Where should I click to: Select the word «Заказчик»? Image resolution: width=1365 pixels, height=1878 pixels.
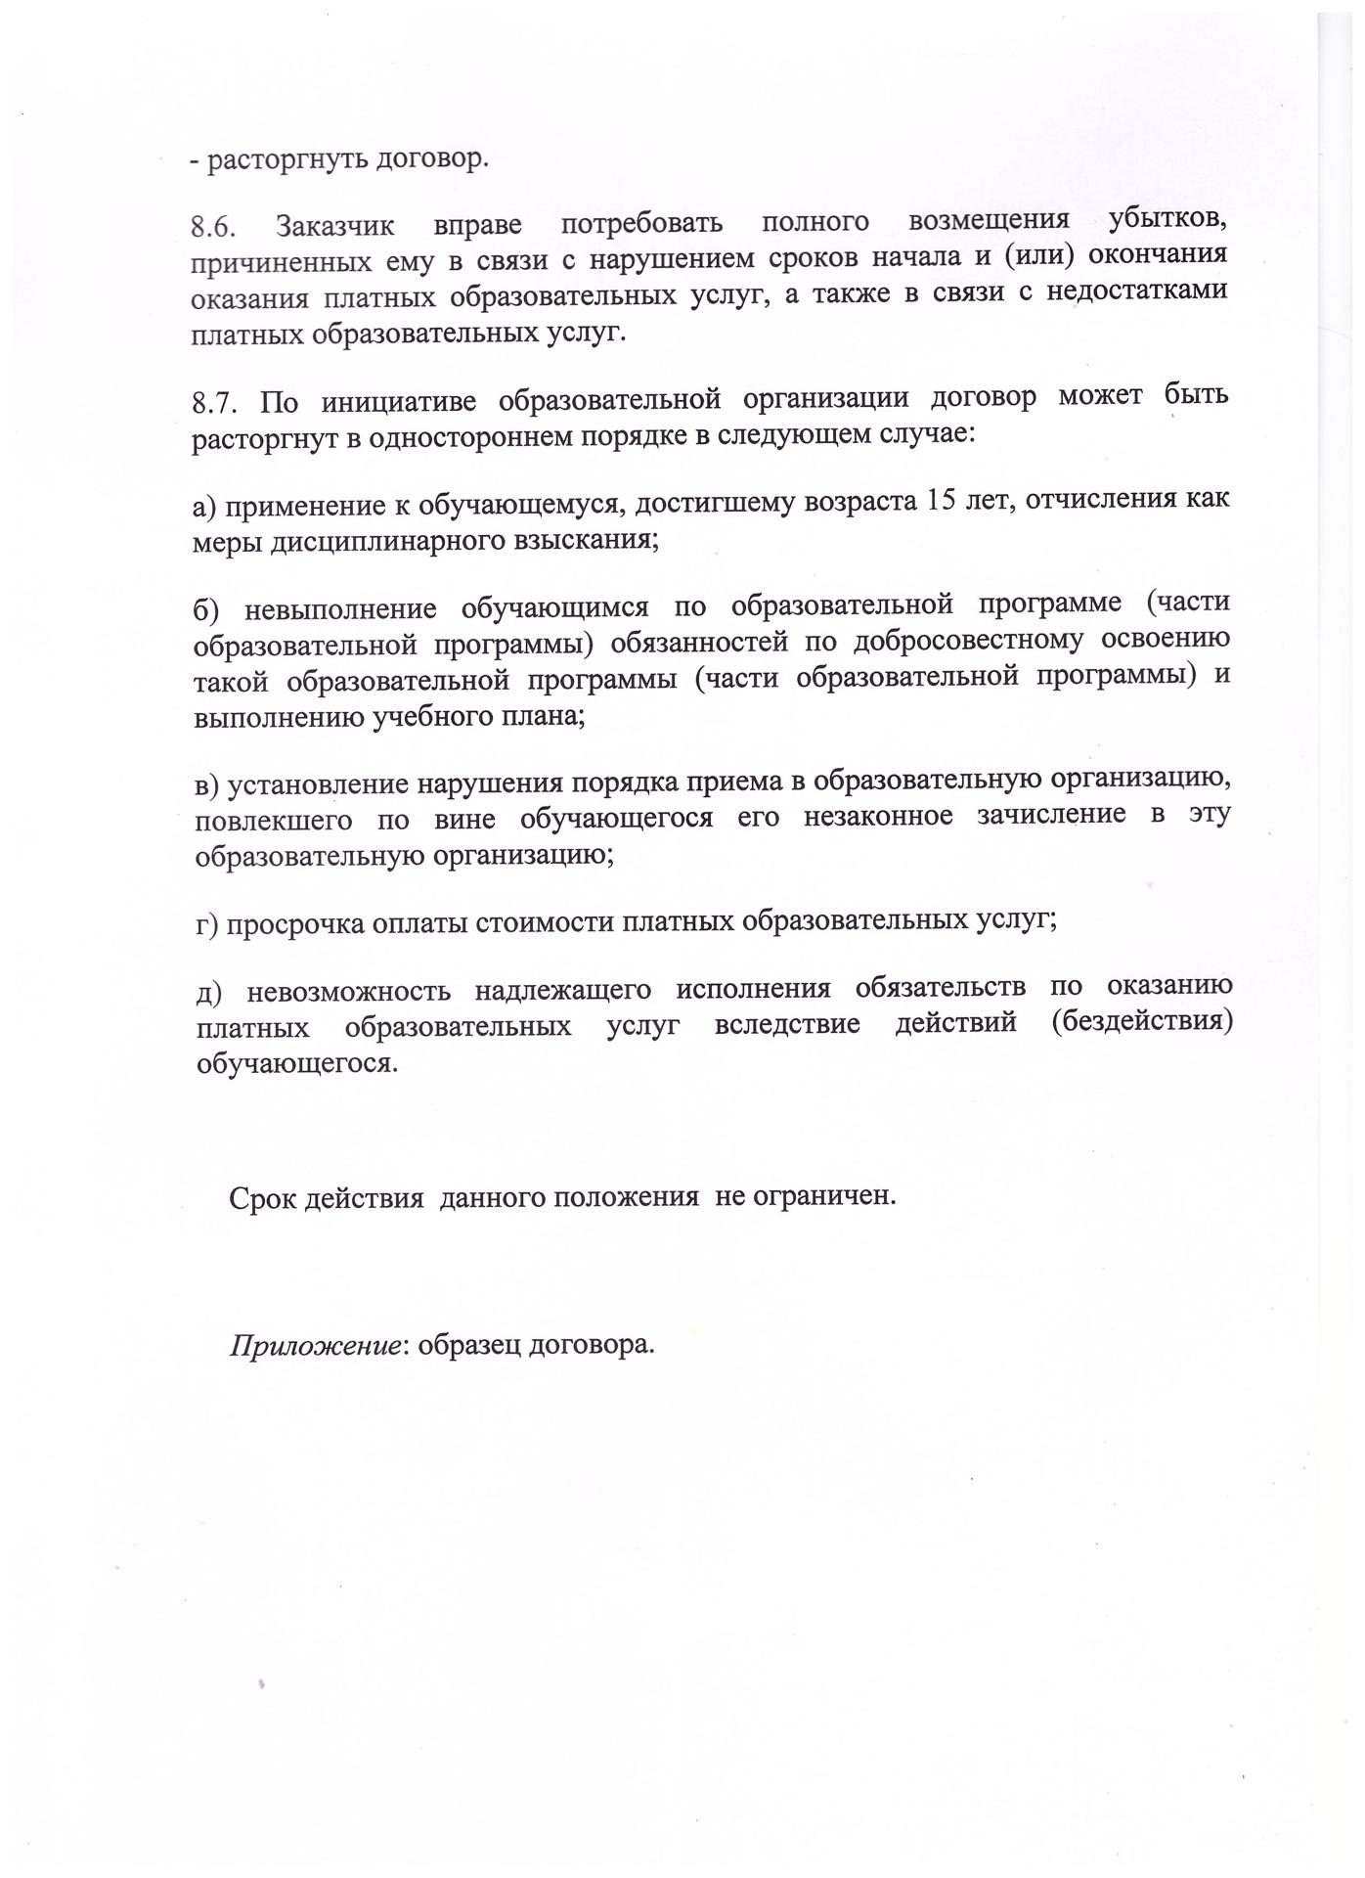click(x=335, y=227)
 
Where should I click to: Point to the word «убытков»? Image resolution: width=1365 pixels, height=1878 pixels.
click(x=1168, y=220)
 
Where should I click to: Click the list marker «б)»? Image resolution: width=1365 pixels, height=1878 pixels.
click(x=208, y=608)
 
